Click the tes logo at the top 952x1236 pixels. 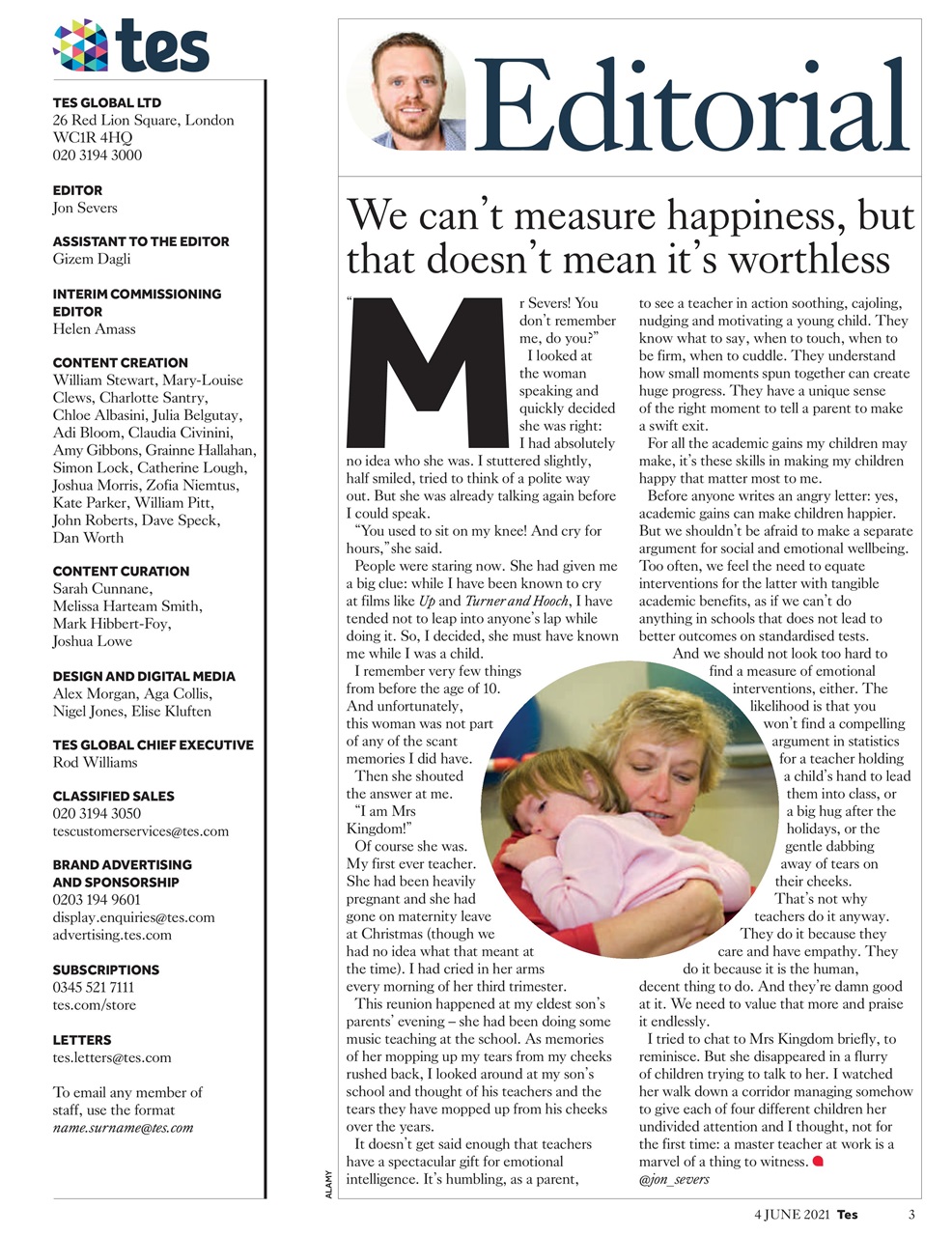tap(131, 45)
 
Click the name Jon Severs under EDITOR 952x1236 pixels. tap(85, 208)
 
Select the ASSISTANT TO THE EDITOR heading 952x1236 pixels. tap(141, 241)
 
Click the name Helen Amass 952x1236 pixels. tap(94, 329)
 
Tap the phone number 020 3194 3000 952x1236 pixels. tap(97, 154)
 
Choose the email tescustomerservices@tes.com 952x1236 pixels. tap(141, 830)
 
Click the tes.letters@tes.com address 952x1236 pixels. tap(112, 1057)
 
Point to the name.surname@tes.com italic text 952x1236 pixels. tap(123, 1127)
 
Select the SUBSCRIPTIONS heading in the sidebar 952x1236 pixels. tap(106, 969)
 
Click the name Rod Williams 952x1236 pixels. tap(95, 762)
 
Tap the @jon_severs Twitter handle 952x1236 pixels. tap(674, 1179)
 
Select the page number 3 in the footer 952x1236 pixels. tap(911, 1215)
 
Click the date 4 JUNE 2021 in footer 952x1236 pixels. tap(791, 1215)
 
